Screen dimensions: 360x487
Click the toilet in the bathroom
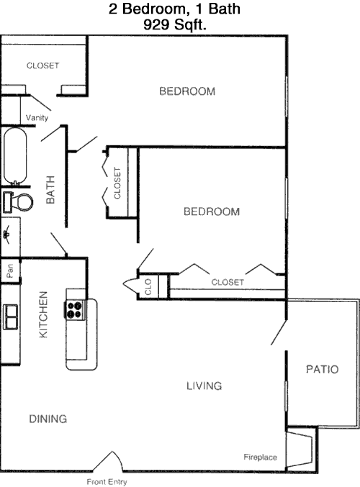pyautogui.click(x=18, y=202)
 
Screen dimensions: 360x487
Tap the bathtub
pyautogui.click(x=15, y=156)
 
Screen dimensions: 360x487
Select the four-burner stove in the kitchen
pyautogui.click(x=75, y=309)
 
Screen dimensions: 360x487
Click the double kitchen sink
pyautogui.click(x=10, y=317)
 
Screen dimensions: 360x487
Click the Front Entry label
pyautogui.click(x=107, y=482)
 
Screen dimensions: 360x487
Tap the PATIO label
pyautogui.click(x=322, y=369)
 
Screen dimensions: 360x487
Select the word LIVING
pyautogui.click(x=204, y=386)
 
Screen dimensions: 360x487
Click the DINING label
pyautogui.click(x=48, y=419)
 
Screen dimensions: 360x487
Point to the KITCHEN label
pyautogui.click(x=43, y=314)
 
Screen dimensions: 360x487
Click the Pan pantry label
pyautogui.click(x=9, y=270)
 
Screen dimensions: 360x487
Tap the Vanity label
pyautogui.click(x=37, y=118)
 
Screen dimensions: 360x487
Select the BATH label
pyautogui.click(x=50, y=190)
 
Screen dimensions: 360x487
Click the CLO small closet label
pyautogui.click(x=148, y=287)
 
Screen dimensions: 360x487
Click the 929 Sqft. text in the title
pyautogui.click(x=175, y=24)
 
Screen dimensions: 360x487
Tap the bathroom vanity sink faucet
pyautogui.click(x=6, y=235)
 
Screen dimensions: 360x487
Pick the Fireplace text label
pyautogui.click(x=260, y=458)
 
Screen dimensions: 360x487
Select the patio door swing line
pyautogui.click(x=279, y=332)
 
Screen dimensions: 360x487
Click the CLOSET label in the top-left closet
pyautogui.click(x=43, y=65)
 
